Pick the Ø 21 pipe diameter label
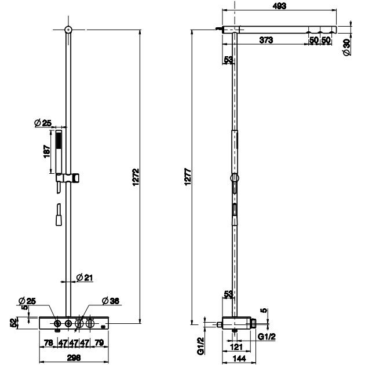[x=85, y=278]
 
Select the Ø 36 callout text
[x=110, y=301]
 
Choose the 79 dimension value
[x=99, y=343]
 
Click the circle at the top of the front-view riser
[x=68, y=29]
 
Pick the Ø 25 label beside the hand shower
[x=43, y=122]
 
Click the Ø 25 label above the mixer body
[x=27, y=300]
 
